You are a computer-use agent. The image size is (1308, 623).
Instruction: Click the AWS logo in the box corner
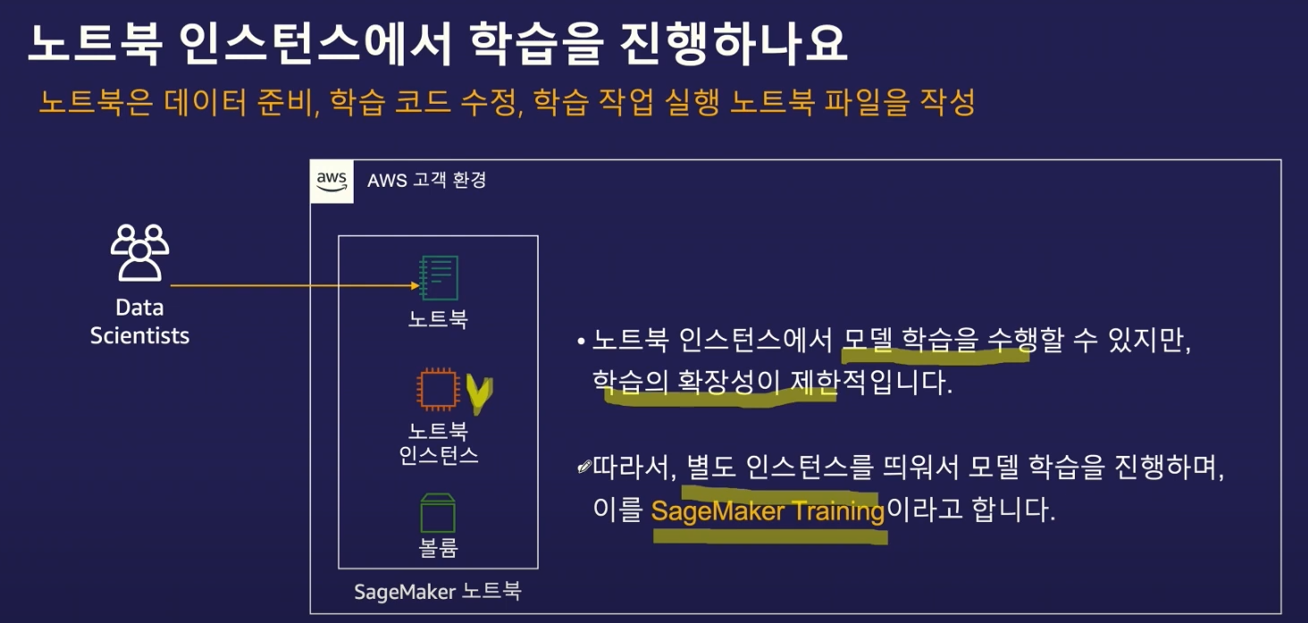coord(331,181)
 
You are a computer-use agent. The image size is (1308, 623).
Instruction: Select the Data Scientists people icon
coord(139,253)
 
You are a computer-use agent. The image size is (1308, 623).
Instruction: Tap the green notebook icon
coord(439,278)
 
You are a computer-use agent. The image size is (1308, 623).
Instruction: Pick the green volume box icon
coord(438,512)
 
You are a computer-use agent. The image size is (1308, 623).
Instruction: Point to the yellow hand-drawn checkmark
coord(480,394)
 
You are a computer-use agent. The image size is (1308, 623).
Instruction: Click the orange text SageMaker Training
coord(767,512)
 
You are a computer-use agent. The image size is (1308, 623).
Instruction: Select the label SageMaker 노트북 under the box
coord(438,591)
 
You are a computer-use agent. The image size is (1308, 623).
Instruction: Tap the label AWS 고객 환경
coord(426,181)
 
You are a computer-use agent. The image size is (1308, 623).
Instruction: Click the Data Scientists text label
coord(139,322)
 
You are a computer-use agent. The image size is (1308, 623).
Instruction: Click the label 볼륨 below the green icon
coord(438,547)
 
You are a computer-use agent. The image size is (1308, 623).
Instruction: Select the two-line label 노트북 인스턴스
coord(438,442)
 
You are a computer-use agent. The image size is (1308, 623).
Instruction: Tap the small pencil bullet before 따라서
coord(584,467)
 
